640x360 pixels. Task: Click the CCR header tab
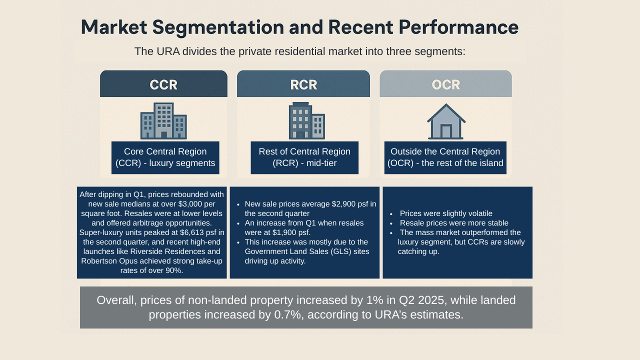click(x=163, y=84)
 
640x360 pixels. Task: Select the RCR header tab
click(x=303, y=84)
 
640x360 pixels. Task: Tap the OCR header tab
click(x=445, y=84)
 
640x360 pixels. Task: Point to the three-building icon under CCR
click(x=163, y=121)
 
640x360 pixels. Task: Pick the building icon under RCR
click(x=306, y=121)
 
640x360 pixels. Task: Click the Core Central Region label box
click(x=165, y=157)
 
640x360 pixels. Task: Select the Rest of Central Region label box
click(x=304, y=157)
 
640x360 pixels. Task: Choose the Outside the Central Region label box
click(x=445, y=157)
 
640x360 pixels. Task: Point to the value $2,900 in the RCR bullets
click(x=346, y=204)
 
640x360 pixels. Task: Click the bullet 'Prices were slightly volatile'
click(x=446, y=213)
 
